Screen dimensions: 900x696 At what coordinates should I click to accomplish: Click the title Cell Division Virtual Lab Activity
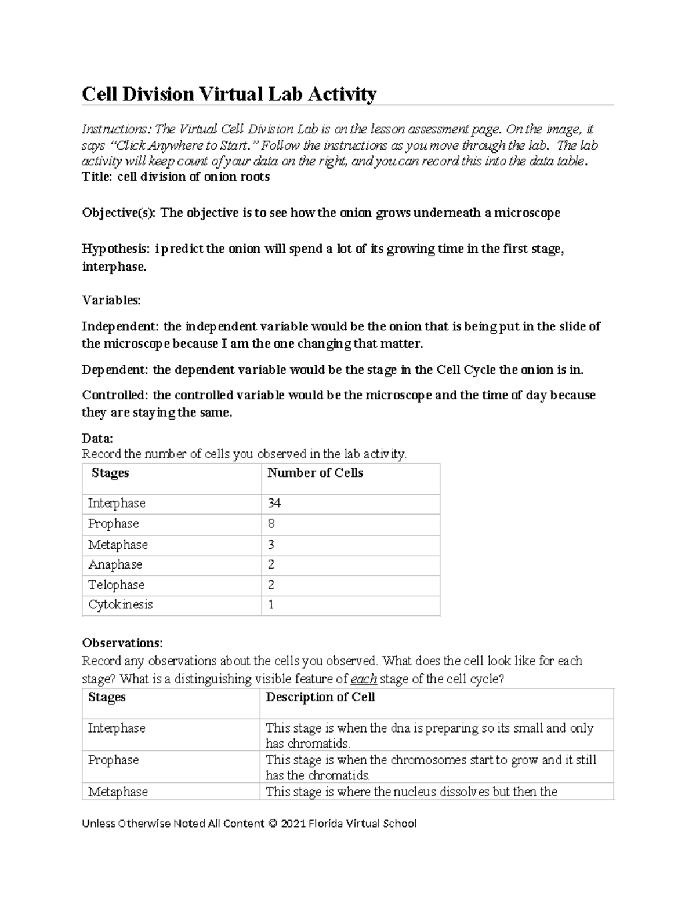coord(229,94)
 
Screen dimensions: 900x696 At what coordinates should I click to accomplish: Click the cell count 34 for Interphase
coord(274,503)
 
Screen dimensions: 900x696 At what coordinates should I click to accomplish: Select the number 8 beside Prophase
coord(271,524)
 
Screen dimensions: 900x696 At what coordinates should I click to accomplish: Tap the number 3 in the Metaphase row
coord(271,545)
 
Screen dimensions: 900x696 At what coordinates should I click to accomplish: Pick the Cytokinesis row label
coord(120,605)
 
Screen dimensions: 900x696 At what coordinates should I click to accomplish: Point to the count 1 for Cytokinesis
coord(271,605)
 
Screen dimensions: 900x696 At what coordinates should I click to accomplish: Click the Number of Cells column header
coord(315,473)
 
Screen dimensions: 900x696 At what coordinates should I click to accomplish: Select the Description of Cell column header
coord(320,697)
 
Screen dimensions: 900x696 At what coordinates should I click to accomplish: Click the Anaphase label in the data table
coord(115,564)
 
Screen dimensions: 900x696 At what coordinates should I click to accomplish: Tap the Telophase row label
coord(116,585)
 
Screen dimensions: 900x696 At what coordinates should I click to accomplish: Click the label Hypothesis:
coord(117,249)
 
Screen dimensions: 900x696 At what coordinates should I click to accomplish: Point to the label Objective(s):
coord(119,213)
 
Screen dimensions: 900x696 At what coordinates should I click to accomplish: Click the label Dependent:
coord(115,370)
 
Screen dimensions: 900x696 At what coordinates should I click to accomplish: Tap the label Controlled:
coord(115,395)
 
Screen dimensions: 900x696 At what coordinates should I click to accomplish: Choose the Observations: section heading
coord(122,643)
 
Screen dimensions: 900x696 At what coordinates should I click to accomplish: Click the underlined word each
coord(364,679)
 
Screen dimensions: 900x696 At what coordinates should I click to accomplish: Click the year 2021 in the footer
coord(293,824)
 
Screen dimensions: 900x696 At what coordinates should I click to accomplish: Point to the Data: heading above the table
coord(97,438)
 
